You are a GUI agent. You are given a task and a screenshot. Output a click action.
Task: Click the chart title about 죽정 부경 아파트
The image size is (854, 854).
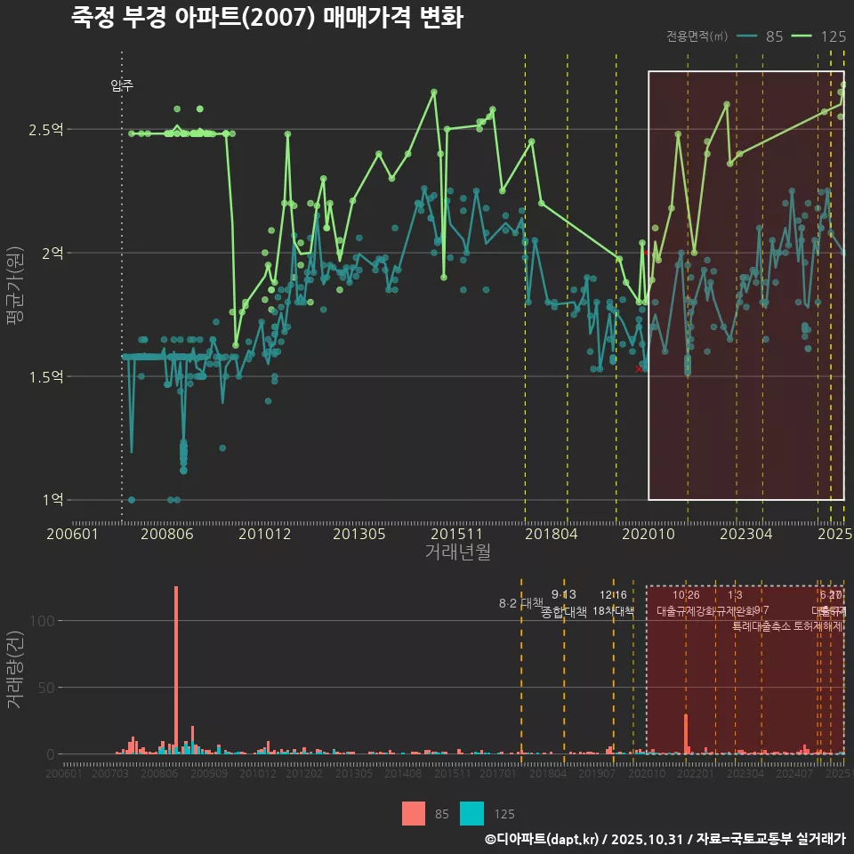point(267,18)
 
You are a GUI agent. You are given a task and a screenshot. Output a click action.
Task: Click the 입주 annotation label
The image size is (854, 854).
point(122,85)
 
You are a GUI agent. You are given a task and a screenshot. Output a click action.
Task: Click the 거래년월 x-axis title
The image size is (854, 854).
point(457,552)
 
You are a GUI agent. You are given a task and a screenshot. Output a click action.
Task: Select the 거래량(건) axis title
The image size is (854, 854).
point(14,670)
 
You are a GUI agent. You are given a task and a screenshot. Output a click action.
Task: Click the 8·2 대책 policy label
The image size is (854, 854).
point(520,603)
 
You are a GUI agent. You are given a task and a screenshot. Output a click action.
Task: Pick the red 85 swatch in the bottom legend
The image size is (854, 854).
point(414,813)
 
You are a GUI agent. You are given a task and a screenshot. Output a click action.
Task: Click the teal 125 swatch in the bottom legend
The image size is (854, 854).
point(472,813)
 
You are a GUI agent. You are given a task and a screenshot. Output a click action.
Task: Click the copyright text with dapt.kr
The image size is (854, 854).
point(665,839)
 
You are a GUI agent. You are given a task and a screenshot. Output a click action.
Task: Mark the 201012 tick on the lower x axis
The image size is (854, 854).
point(258,775)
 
